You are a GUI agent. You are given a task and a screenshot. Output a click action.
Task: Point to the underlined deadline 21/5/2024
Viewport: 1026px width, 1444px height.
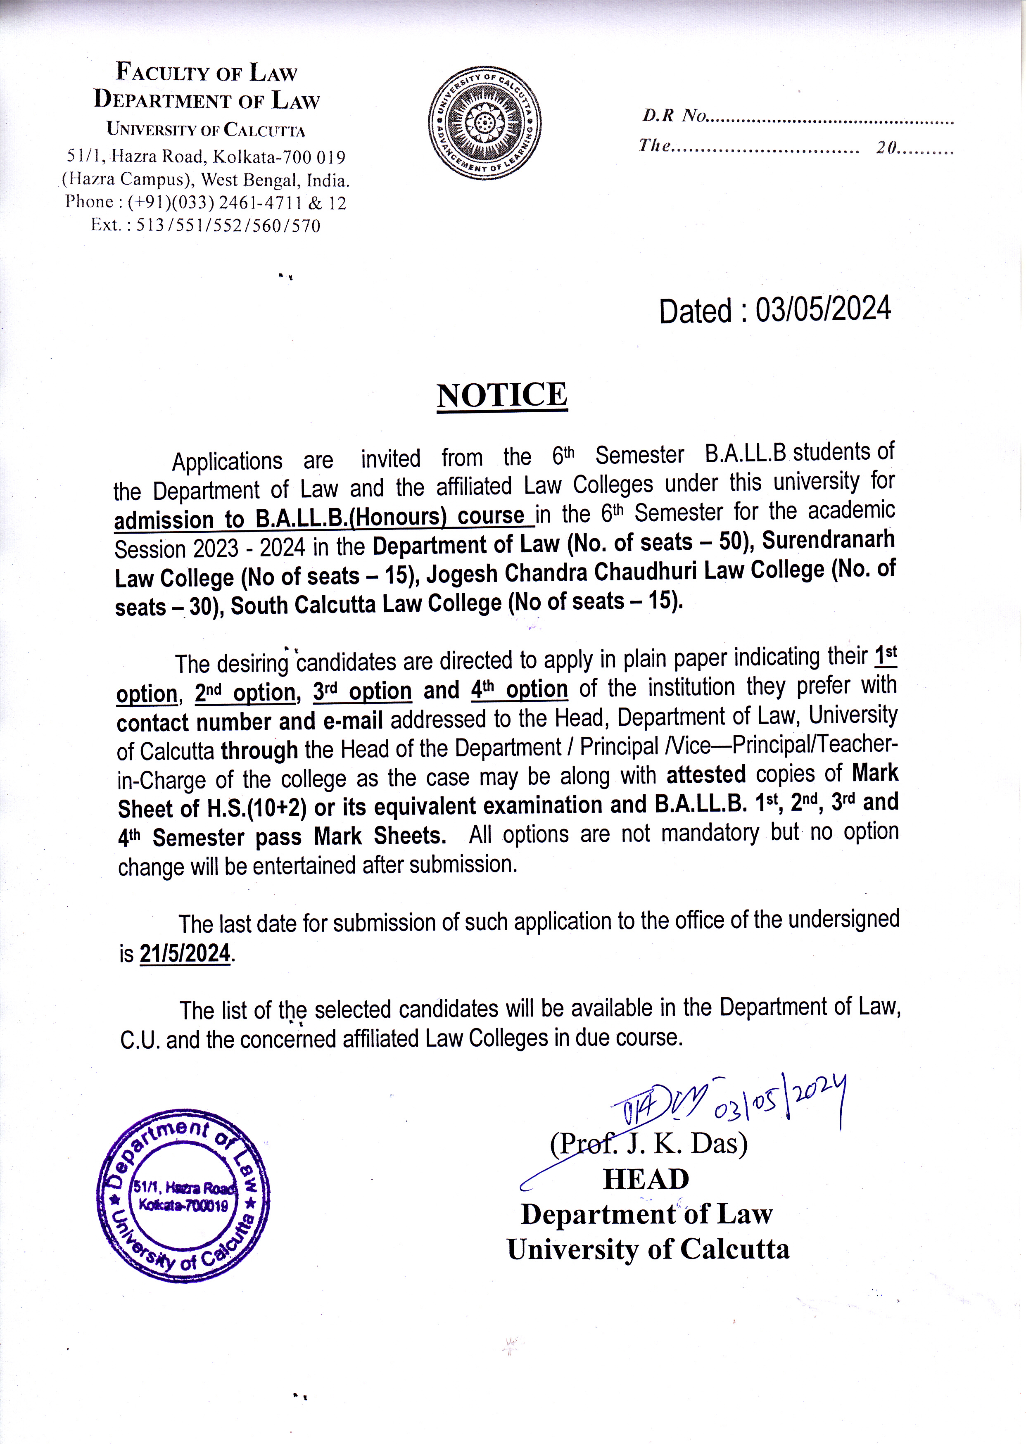pyautogui.click(x=185, y=953)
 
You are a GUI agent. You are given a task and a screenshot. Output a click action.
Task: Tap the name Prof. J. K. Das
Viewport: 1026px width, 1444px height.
pyautogui.click(x=649, y=1143)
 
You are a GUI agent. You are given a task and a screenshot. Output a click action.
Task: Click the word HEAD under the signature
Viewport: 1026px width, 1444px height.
pyautogui.click(x=646, y=1179)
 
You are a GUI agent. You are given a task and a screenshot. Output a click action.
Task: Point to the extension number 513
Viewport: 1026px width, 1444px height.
pyautogui.click(x=150, y=226)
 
